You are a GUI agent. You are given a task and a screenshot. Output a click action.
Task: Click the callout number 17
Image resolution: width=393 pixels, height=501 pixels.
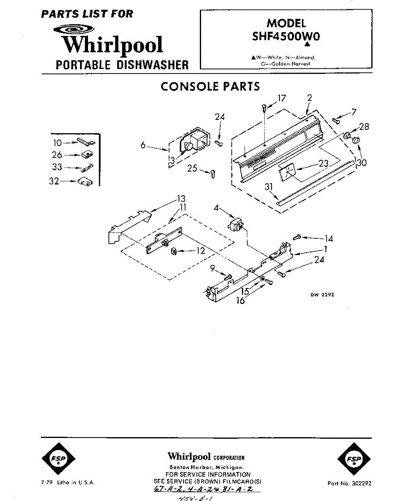coord(282,99)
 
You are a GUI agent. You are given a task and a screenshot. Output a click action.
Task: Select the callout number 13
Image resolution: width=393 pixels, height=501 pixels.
coord(181,199)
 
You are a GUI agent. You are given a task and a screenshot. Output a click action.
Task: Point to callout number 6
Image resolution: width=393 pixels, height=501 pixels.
coord(143,145)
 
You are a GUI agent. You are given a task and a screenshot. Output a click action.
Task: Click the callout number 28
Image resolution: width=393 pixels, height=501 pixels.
coord(364,127)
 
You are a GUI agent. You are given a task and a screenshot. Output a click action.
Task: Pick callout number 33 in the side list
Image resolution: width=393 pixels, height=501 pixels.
coord(58,167)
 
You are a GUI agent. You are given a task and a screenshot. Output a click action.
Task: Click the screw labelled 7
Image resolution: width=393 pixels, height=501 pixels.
coord(335,121)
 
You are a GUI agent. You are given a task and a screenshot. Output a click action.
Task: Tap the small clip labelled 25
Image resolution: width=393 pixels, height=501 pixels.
coord(213,173)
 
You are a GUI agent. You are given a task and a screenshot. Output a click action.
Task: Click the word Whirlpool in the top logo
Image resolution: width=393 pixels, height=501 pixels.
coord(113,45)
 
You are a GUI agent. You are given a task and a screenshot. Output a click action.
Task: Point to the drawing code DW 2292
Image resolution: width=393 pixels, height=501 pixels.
coord(322,295)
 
